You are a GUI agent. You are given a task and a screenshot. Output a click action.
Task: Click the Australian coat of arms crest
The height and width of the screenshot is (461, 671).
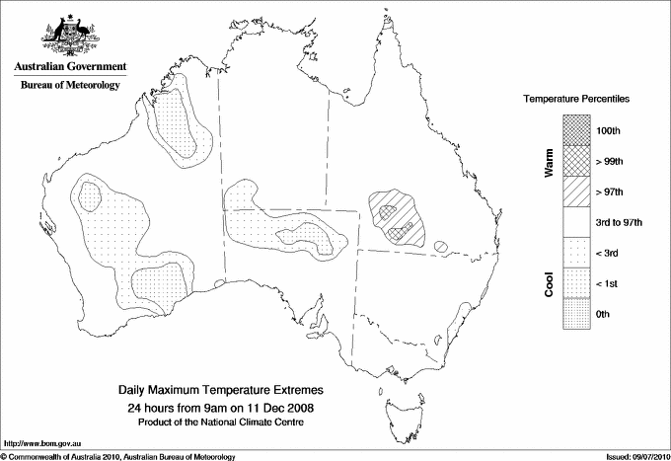70,36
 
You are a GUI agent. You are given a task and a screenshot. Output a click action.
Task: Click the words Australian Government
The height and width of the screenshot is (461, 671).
70,67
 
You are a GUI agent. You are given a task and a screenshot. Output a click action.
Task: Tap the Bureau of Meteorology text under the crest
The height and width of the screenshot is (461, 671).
70,85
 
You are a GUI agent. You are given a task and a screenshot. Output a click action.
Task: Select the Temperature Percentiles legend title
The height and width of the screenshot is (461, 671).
577,100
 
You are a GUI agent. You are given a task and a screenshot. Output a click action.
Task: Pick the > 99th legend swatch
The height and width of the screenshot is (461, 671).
578,161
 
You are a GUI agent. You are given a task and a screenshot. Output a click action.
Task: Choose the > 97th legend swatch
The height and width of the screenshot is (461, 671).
578,192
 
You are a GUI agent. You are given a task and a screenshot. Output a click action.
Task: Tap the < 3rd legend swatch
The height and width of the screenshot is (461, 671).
578,254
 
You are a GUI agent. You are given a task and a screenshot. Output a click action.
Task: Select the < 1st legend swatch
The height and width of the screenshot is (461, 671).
578,284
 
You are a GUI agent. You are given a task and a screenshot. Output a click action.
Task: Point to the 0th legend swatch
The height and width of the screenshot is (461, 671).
578,314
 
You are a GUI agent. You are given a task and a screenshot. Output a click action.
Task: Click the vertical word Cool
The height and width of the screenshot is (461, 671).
549,283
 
